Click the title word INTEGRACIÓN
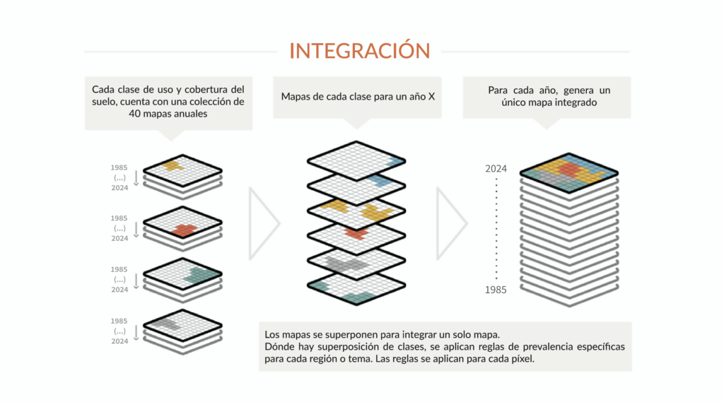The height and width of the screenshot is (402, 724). tap(360, 51)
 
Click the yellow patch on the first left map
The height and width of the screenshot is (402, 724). tap(172, 165)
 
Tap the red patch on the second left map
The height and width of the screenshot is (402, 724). tap(185, 230)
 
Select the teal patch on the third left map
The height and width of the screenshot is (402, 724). tap(202, 274)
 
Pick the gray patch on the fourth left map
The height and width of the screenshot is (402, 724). tap(165, 323)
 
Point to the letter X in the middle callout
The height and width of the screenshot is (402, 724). tap(431, 97)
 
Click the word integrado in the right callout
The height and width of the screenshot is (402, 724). tap(573, 102)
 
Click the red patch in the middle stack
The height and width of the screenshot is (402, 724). tap(356, 232)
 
